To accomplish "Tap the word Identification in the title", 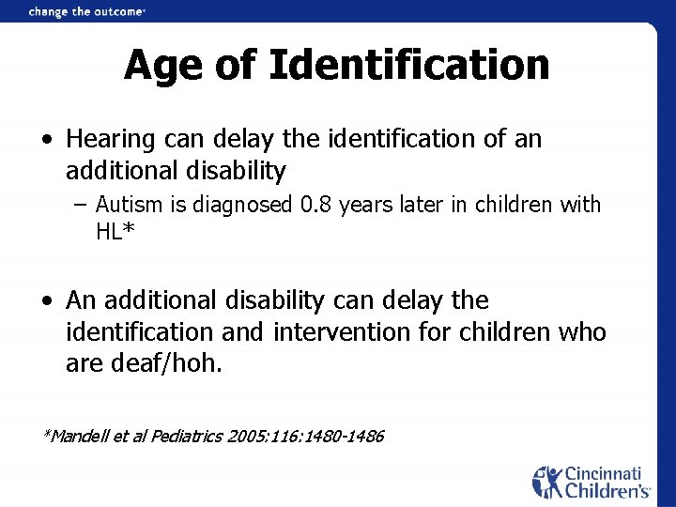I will point(408,65).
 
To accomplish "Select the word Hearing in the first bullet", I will point(110,140).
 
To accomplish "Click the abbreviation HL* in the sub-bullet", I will point(116,231).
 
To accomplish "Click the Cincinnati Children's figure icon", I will point(547,482).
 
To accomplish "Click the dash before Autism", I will point(83,205).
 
